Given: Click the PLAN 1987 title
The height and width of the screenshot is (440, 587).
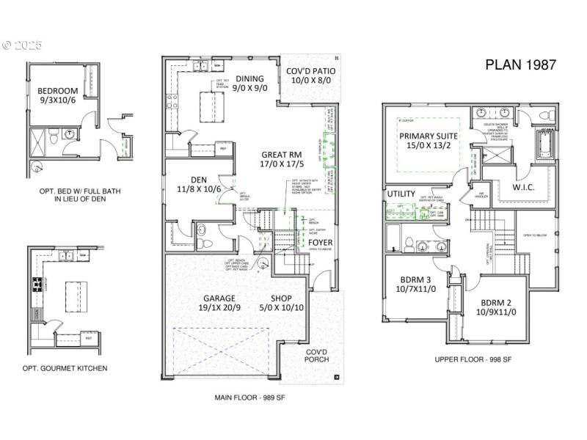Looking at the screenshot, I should coord(520,64).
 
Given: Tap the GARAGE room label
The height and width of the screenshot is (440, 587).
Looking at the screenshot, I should coord(219,304).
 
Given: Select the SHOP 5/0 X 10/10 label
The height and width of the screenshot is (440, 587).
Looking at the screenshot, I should coord(282,304).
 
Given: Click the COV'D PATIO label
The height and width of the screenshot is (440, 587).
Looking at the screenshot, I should coord(310,76).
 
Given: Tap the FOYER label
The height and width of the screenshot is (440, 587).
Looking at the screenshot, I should coord(320,242).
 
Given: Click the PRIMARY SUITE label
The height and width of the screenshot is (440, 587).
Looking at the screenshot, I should coord(429,141).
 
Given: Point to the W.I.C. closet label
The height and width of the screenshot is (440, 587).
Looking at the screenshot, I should coord(539,188).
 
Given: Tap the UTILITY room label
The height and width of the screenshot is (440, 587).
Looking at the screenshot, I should coord(401,194).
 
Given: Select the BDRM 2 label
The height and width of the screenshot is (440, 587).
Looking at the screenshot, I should coord(499,307).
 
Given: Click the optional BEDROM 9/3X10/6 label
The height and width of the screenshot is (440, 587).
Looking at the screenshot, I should coord(56,95).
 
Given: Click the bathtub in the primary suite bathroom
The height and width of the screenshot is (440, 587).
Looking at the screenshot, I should coord(547,142).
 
